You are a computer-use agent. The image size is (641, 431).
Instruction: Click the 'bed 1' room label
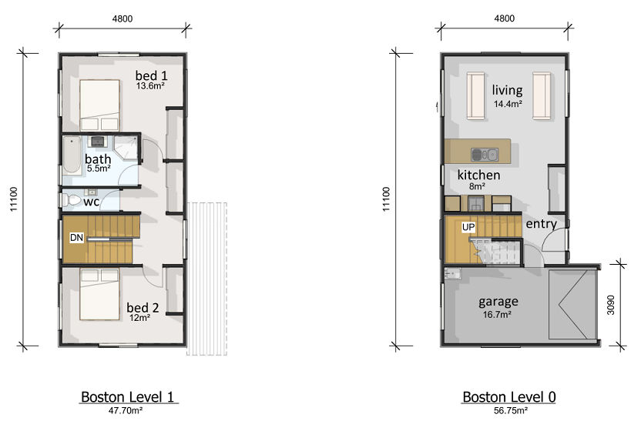click(151, 75)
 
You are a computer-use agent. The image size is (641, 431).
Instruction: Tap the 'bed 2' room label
click(143, 307)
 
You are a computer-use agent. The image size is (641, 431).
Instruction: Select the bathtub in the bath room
click(72, 155)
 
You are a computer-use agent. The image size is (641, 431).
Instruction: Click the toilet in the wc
click(71, 200)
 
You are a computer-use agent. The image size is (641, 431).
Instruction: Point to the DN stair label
click(76, 237)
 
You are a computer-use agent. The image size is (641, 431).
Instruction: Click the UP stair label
click(468, 227)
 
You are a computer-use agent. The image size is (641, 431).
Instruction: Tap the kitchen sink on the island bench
click(485, 155)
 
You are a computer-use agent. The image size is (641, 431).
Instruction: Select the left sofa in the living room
click(476, 96)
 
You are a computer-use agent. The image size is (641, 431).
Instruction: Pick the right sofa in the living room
click(542, 96)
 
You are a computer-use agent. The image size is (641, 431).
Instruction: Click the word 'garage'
click(498, 302)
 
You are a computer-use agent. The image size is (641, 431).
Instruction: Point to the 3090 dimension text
click(611, 306)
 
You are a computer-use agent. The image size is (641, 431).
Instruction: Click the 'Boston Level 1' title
click(128, 396)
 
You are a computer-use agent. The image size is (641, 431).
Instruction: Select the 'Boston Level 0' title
click(509, 396)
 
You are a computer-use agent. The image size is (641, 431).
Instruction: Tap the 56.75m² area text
click(511, 410)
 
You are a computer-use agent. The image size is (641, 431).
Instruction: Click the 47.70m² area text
click(126, 410)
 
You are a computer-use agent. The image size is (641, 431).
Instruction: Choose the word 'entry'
click(542, 224)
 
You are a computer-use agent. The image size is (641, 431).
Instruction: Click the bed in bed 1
click(99, 105)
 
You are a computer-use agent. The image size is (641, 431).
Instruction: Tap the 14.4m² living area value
click(508, 104)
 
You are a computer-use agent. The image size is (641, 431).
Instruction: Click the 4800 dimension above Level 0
click(505, 18)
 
